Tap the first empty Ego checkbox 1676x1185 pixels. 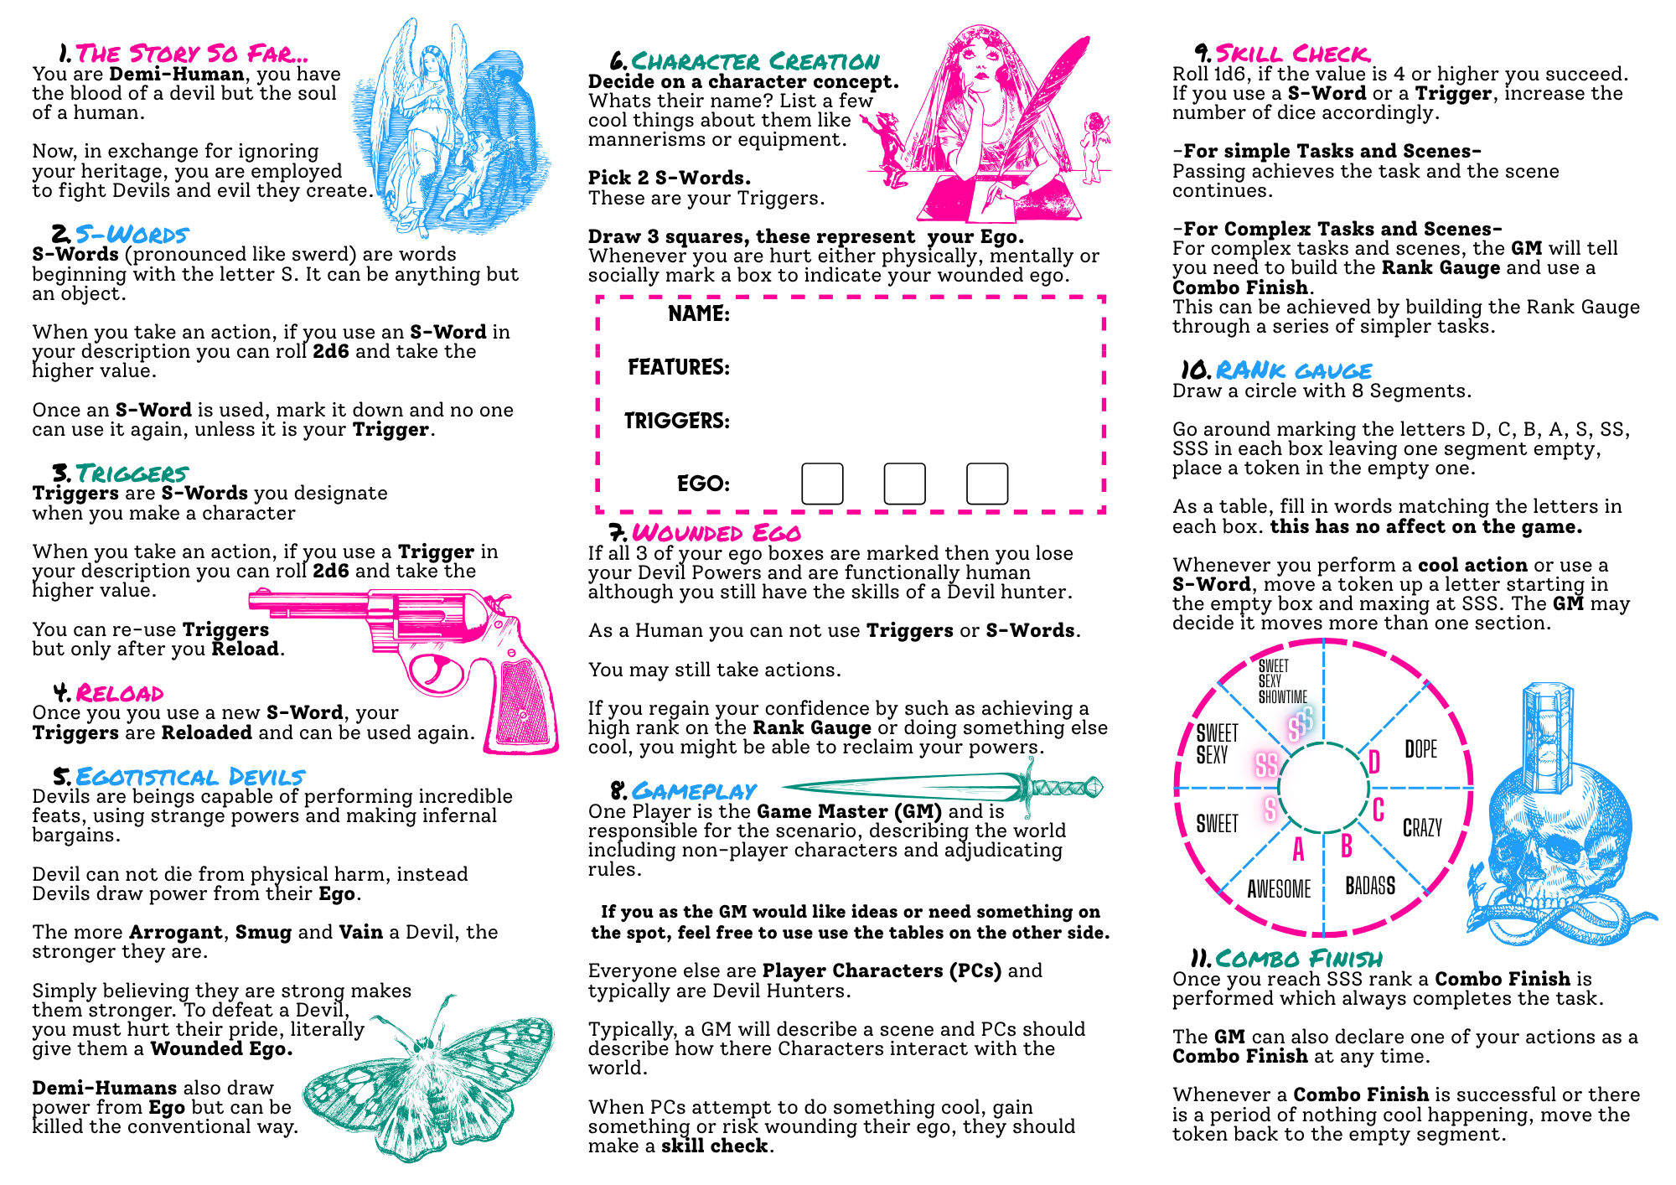point(822,484)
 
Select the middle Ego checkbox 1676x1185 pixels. point(904,484)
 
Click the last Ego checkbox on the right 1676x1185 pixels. point(987,484)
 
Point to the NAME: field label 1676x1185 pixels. point(699,313)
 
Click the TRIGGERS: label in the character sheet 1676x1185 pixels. point(677,421)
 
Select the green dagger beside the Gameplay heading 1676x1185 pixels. point(943,787)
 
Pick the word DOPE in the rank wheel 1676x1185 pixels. point(1420,748)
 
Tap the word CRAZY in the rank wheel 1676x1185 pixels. point(1422,828)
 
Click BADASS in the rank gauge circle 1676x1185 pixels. point(1370,886)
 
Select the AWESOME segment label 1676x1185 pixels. point(1279,888)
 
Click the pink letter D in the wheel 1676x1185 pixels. point(1374,762)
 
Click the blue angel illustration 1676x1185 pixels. point(457,126)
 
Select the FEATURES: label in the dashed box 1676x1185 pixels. point(679,367)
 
